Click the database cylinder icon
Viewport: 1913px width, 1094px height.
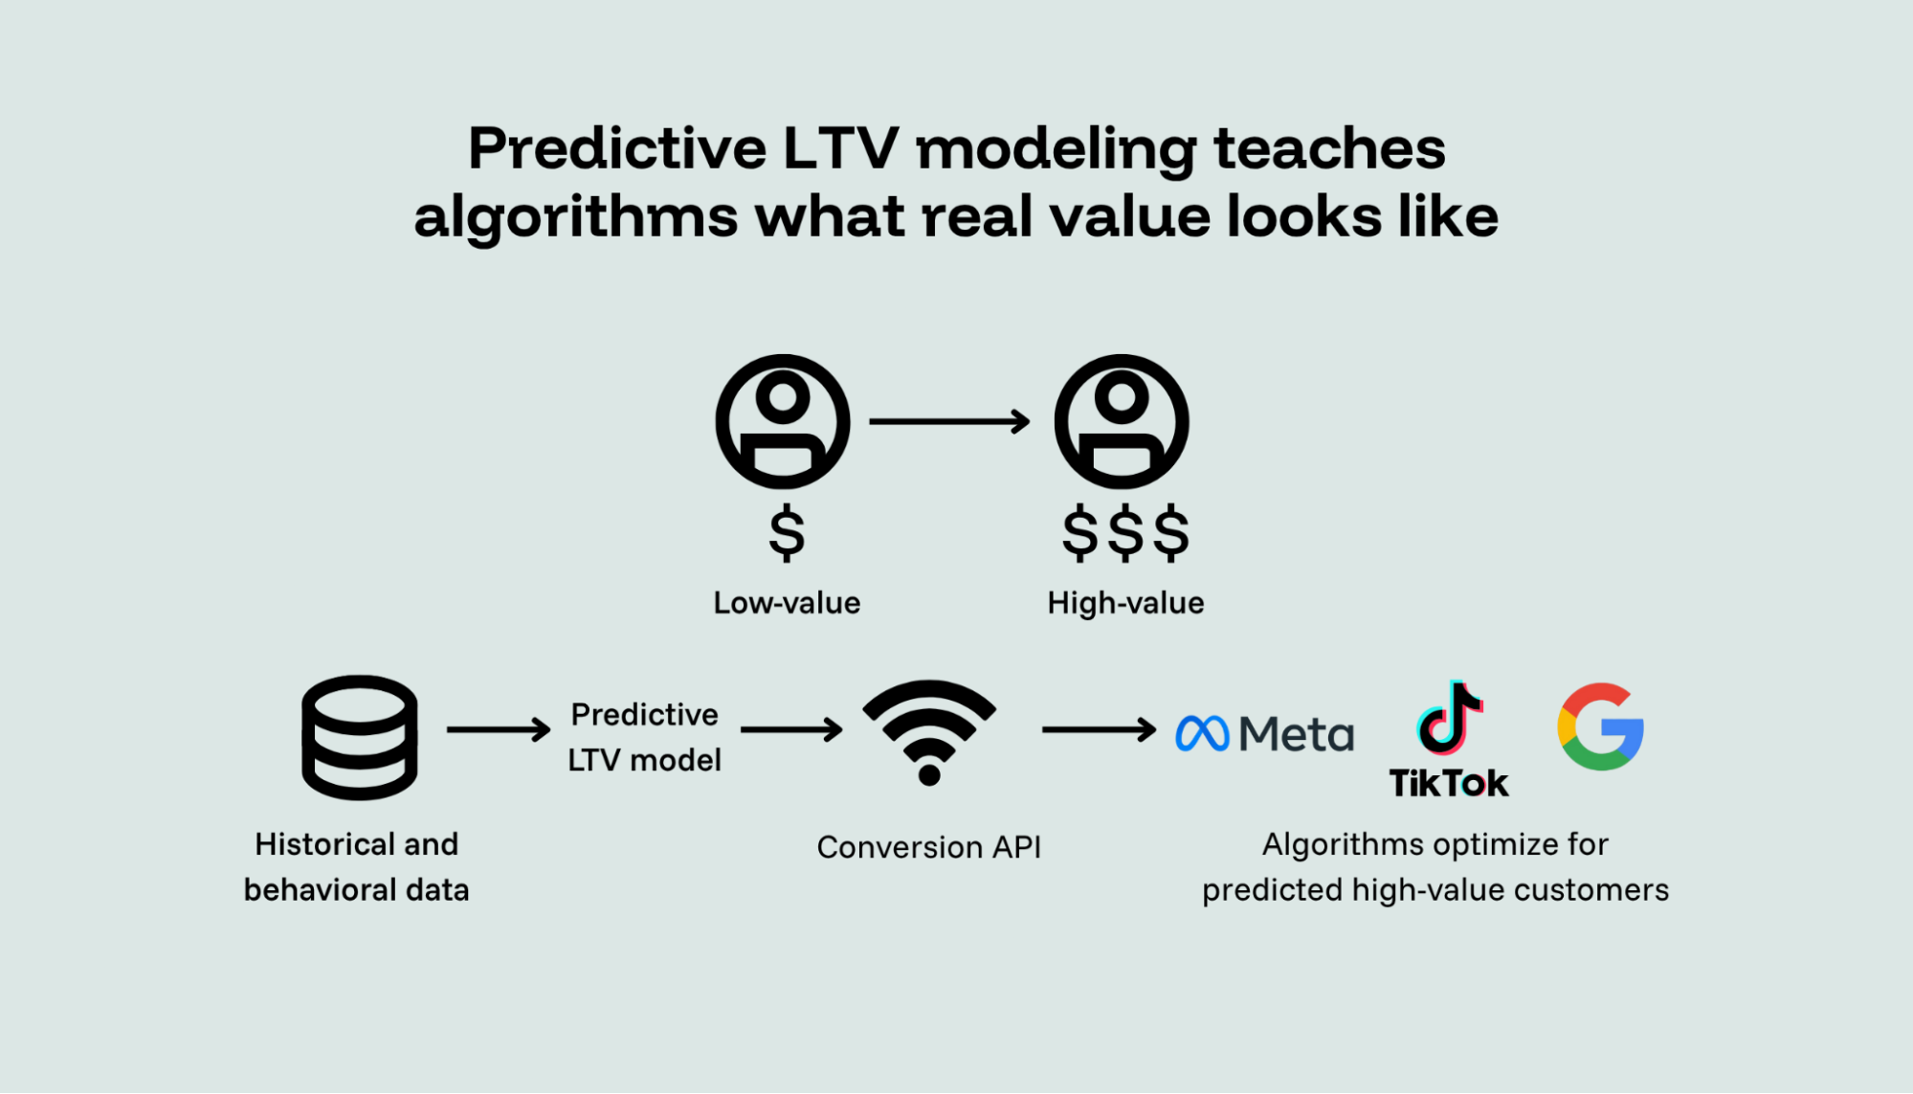[x=360, y=737]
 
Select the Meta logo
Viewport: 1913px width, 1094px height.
[x=1264, y=734]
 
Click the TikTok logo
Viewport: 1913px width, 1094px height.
[x=1449, y=739]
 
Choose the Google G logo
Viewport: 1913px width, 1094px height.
[x=1600, y=727]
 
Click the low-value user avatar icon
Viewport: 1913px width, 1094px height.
[x=783, y=421]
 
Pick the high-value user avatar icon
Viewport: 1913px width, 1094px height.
[x=1122, y=421]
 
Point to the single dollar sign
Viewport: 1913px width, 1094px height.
[x=787, y=532]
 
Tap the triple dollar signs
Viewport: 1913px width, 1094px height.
[x=1125, y=532]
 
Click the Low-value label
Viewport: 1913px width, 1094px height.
[x=787, y=603]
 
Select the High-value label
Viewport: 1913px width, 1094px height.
[x=1125, y=603]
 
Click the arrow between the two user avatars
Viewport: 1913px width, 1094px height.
[x=949, y=421]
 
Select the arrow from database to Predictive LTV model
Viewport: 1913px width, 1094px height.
[x=499, y=729]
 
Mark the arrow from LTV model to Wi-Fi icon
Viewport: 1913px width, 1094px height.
[x=791, y=729]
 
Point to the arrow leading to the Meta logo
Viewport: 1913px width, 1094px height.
[x=1099, y=729]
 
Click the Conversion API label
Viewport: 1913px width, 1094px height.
[x=928, y=847]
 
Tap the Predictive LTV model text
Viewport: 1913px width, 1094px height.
[x=644, y=737]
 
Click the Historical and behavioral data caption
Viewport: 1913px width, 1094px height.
[x=356, y=867]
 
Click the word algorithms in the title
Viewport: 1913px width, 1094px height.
[x=575, y=217]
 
